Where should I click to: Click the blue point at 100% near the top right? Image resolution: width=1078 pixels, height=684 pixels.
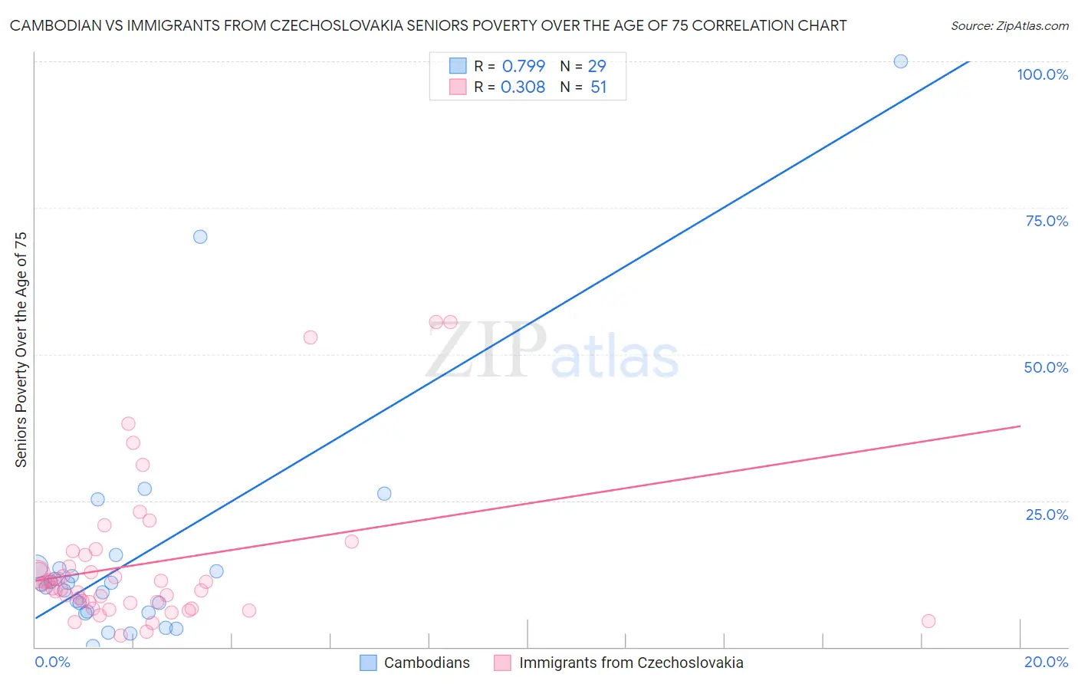click(901, 61)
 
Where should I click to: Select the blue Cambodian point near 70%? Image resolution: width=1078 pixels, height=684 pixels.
click(200, 237)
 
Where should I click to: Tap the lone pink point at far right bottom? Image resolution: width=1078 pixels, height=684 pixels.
click(928, 621)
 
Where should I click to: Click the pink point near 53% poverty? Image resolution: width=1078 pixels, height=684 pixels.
click(311, 337)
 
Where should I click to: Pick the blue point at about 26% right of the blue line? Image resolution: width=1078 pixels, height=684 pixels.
click(384, 494)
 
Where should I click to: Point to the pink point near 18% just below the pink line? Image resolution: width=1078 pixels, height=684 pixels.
click(352, 541)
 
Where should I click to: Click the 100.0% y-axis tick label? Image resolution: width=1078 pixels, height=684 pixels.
click(1042, 74)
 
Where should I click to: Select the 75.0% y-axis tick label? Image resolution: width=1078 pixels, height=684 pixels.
click(1047, 221)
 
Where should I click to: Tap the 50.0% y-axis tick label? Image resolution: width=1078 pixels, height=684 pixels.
click(1046, 367)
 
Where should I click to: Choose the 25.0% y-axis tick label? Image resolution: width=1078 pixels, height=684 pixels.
click(1047, 515)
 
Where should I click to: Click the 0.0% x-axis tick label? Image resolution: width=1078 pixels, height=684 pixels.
click(52, 662)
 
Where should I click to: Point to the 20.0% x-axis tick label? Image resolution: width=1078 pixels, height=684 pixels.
click(1046, 662)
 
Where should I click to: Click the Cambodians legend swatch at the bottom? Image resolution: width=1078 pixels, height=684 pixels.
click(368, 663)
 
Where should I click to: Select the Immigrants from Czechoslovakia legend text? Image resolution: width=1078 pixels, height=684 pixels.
click(631, 663)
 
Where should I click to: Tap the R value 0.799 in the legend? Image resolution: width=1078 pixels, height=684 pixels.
click(524, 67)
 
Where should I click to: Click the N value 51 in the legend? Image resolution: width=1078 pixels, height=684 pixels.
click(599, 87)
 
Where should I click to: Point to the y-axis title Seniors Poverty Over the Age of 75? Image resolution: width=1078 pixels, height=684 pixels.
click(21, 349)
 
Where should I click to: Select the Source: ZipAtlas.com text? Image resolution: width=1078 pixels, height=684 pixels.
click(1009, 26)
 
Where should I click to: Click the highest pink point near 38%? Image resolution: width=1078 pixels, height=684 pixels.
click(128, 424)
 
